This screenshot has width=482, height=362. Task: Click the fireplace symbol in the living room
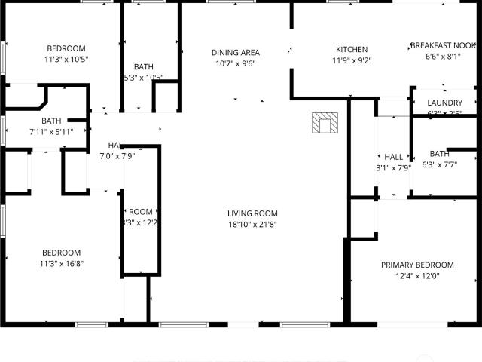click(326, 123)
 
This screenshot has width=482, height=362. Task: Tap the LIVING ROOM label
click(253, 213)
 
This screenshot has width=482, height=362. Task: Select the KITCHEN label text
click(351, 50)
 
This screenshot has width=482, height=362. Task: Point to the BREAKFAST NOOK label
click(443, 45)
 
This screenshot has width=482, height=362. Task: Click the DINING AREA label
click(235, 52)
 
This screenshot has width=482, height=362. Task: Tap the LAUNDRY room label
click(444, 103)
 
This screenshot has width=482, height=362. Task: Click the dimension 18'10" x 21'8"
click(253, 224)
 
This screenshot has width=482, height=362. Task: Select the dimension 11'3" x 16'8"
click(61, 263)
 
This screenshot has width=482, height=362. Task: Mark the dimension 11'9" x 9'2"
click(351, 60)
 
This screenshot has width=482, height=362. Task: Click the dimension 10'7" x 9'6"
click(235, 63)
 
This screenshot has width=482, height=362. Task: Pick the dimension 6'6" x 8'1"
click(443, 56)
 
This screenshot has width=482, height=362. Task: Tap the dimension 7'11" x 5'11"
click(51, 132)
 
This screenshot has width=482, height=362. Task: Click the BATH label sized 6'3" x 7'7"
click(439, 154)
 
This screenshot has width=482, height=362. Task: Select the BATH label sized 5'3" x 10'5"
click(143, 66)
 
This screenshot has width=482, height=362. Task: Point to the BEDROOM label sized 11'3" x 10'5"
click(66, 48)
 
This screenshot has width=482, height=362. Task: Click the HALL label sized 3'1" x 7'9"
click(393, 157)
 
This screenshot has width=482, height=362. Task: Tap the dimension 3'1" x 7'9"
click(393, 168)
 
